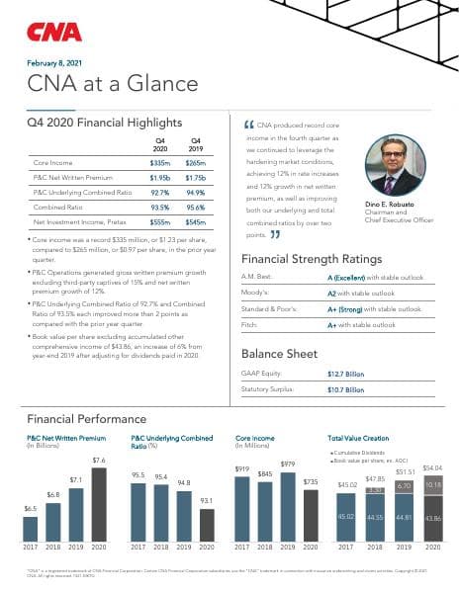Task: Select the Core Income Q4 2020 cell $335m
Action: pos(160,161)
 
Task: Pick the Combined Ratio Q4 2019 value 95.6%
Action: pos(195,208)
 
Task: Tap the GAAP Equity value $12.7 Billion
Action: pos(345,374)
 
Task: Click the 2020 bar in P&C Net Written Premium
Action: pos(99,503)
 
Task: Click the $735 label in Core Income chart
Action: pos(311,480)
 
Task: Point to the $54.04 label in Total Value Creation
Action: pos(432,467)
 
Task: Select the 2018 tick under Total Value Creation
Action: pos(374,547)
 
